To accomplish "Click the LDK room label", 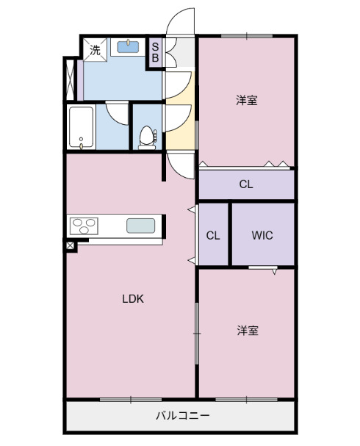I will coord(132,298).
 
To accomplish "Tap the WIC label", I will coord(262,236).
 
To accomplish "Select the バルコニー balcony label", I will coord(181,416).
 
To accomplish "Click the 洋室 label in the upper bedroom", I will coord(247,100).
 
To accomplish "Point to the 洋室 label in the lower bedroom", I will coord(247,331).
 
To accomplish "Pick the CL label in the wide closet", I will coord(246,184).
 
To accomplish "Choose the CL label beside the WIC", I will coord(213,236).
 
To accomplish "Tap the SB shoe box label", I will coord(155,53).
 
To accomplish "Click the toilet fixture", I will coord(148,137).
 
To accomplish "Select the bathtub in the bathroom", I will coord(81,126).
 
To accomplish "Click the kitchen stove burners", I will coord(84,226).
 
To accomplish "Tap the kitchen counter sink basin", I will coord(140,226).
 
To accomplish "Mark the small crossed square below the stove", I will coord(70,246).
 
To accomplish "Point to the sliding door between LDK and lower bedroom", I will coord(196,334).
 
